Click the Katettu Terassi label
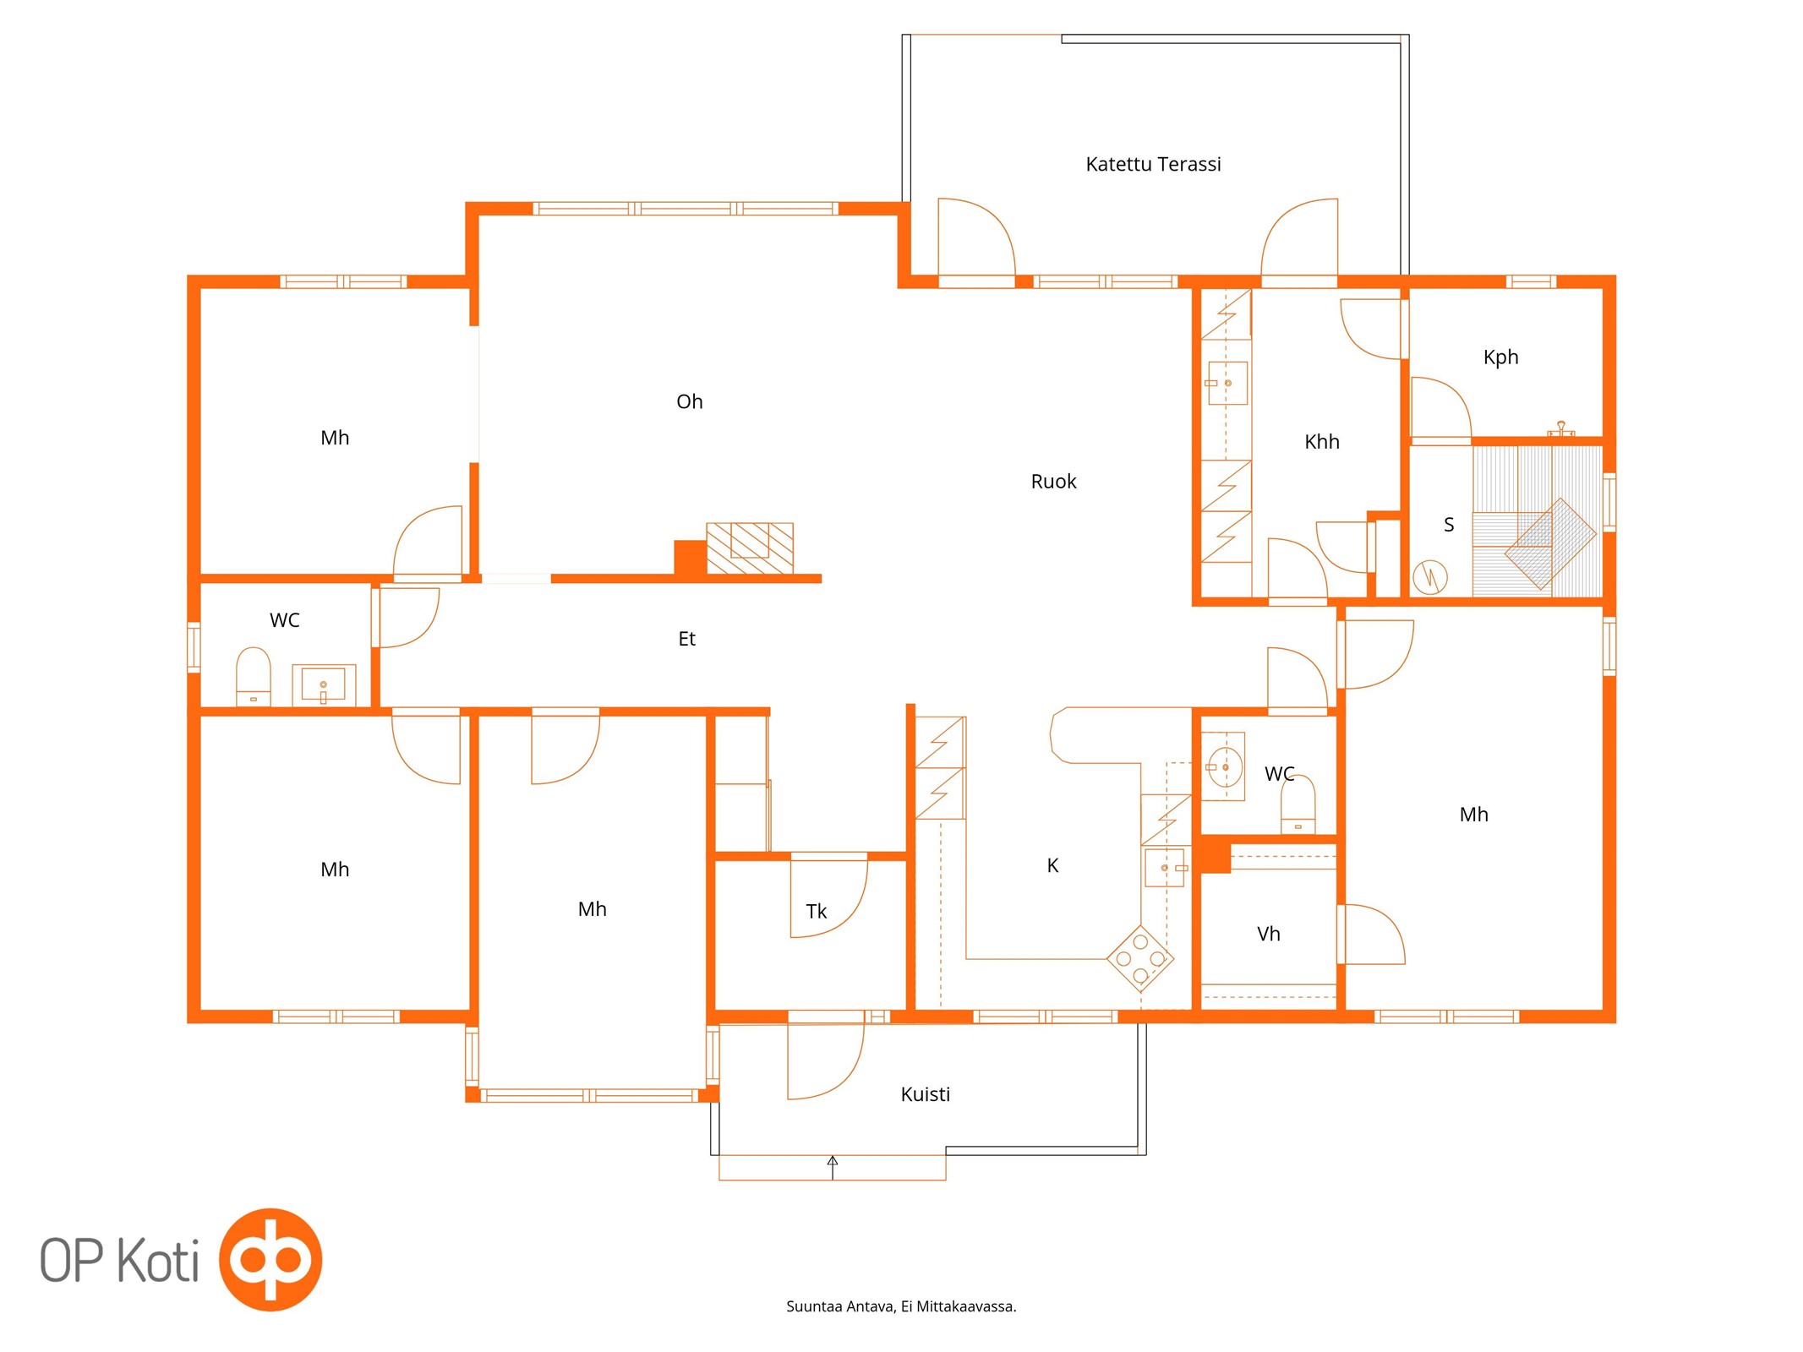click(x=1153, y=164)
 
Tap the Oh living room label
click(x=690, y=401)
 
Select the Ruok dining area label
click(x=1053, y=482)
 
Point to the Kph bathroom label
click(x=1500, y=357)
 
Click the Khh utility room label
click(x=1321, y=442)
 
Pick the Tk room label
click(x=816, y=912)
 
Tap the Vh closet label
click(x=1268, y=934)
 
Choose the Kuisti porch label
click(x=925, y=1094)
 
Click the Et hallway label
click(x=686, y=639)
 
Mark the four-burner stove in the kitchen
click(x=1140, y=958)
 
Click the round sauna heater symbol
click(x=1429, y=577)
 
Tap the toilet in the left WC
click(x=253, y=676)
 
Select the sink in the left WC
click(x=324, y=685)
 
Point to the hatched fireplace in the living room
click(x=750, y=548)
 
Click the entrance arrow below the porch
click(x=833, y=1167)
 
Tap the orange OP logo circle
click(x=270, y=1259)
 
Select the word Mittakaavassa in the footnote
click(x=966, y=1306)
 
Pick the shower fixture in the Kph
click(x=1560, y=429)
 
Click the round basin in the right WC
click(x=1225, y=767)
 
